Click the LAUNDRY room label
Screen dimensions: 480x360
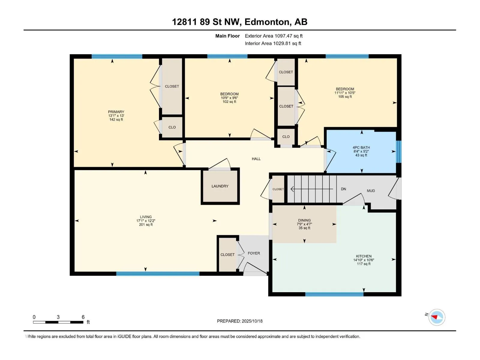coord(220,186)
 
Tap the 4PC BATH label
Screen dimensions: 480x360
coord(361,148)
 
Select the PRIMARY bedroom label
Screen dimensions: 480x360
coord(116,112)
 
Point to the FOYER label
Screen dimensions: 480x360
coord(254,253)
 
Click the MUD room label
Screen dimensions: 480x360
coord(371,190)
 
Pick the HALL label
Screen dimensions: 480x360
coord(256,159)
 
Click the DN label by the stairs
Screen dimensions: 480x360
coord(343,189)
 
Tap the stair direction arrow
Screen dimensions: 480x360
coord(312,189)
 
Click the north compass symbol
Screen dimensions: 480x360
coord(436,317)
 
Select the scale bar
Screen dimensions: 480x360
coord(58,322)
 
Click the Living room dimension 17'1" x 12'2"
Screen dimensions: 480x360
coord(145,221)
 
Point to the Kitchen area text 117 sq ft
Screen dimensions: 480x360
coord(364,264)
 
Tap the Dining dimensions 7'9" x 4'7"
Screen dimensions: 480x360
coord(304,224)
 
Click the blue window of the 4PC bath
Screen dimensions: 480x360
coord(399,152)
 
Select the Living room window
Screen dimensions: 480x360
coord(158,274)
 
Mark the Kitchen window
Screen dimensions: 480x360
coord(334,294)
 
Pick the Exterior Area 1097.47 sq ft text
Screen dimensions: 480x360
coord(274,36)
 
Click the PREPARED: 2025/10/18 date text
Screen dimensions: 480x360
coord(240,321)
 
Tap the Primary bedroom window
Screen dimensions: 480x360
coord(117,56)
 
